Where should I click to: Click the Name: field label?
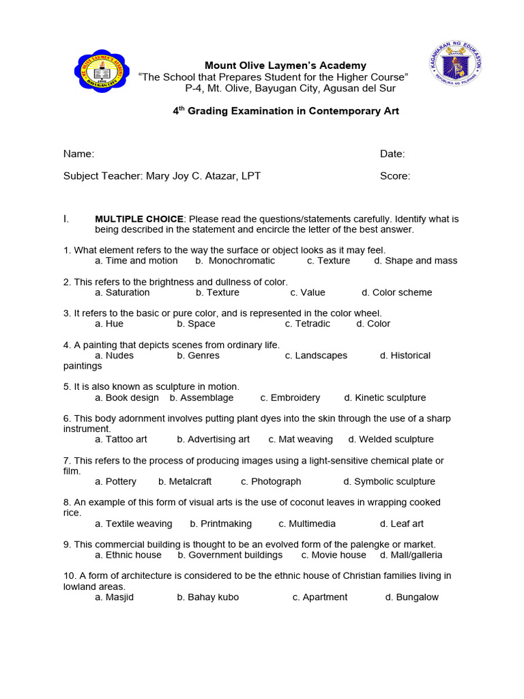tap(78, 154)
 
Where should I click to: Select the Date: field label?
tap(392, 154)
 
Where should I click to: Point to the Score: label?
tap(395, 176)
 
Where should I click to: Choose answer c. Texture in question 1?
tap(328, 261)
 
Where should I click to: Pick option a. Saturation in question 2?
tap(122, 292)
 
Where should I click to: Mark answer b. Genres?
tap(198, 356)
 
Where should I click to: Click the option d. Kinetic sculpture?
tap(385, 398)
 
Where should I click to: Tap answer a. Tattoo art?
tap(121, 440)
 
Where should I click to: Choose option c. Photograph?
tap(271, 482)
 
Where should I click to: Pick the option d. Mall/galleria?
tap(411, 555)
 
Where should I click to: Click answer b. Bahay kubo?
tap(207, 597)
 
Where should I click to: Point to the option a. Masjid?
tap(114, 597)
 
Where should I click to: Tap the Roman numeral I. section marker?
tap(66, 219)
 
